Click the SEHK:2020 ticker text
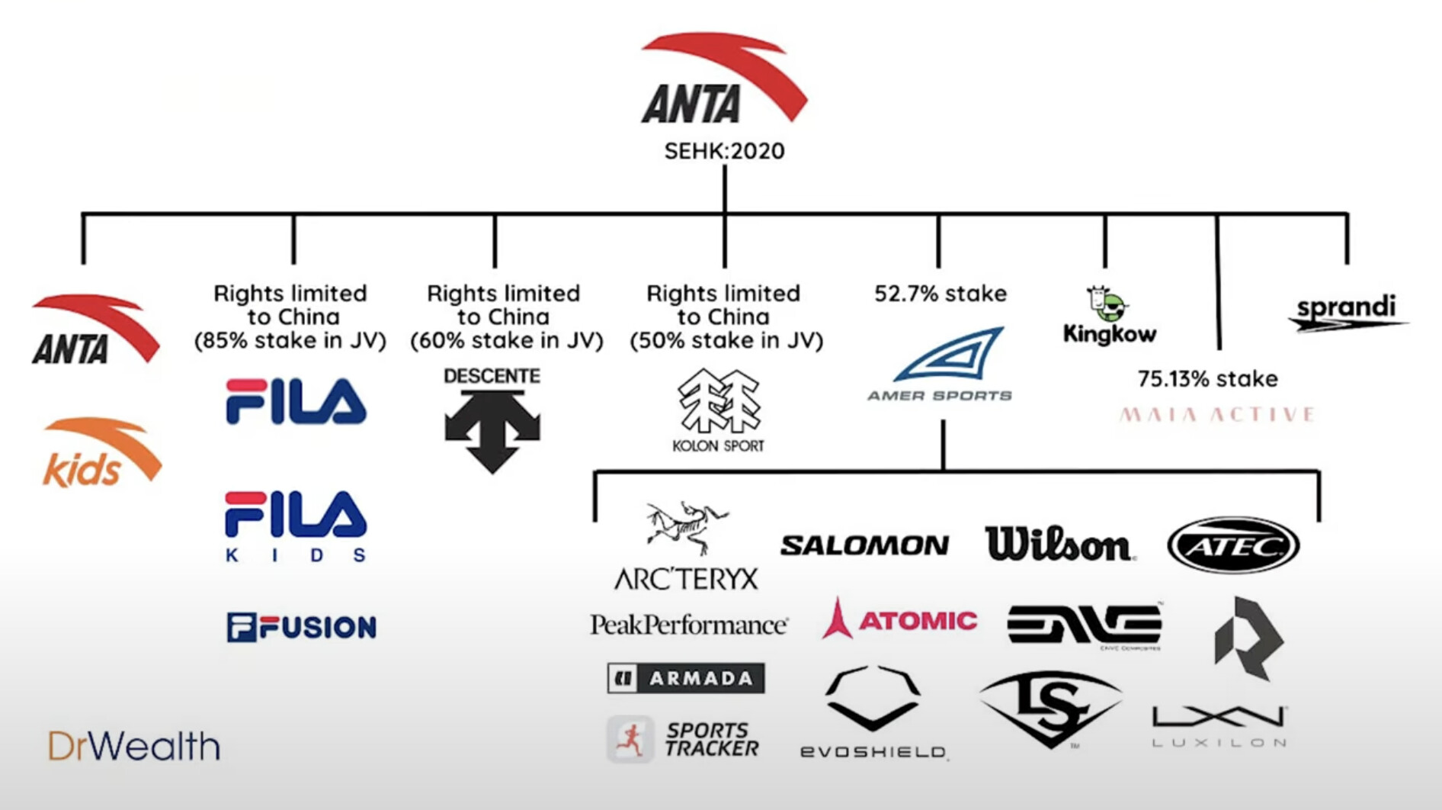[724, 151]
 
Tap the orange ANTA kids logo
[101, 453]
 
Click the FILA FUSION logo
[301, 627]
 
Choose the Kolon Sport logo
[719, 411]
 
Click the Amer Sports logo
[941, 365]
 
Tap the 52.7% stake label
[940, 294]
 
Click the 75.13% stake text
[1207, 379]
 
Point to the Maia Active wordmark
[1217, 415]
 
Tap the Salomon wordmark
[864, 545]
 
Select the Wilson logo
[1058, 545]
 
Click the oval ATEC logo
[1233, 545]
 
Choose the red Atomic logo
[900, 620]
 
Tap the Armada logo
[686, 678]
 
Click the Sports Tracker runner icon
[630, 739]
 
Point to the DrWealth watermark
[134, 746]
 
